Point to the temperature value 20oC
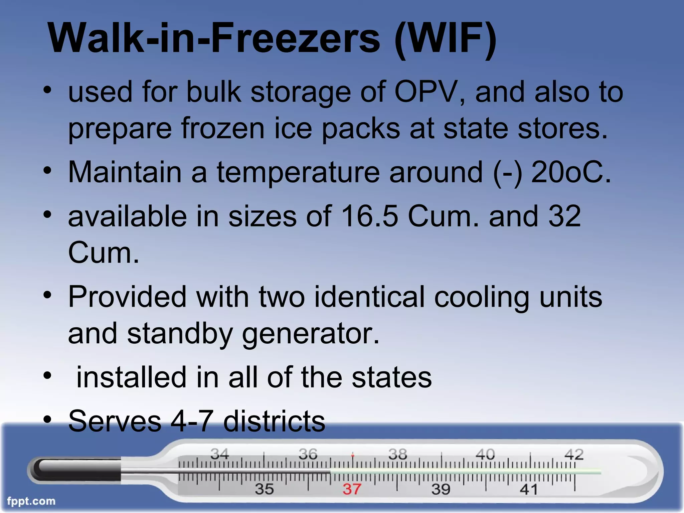pyautogui.click(x=571, y=172)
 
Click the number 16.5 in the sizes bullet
pyautogui.click(x=369, y=216)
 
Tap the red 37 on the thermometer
pyautogui.click(x=352, y=489)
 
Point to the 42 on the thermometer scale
pyautogui.click(x=574, y=454)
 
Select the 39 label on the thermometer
pyautogui.click(x=441, y=489)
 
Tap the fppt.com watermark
pyautogui.click(x=31, y=501)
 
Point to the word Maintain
pyautogui.click(x=125, y=172)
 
